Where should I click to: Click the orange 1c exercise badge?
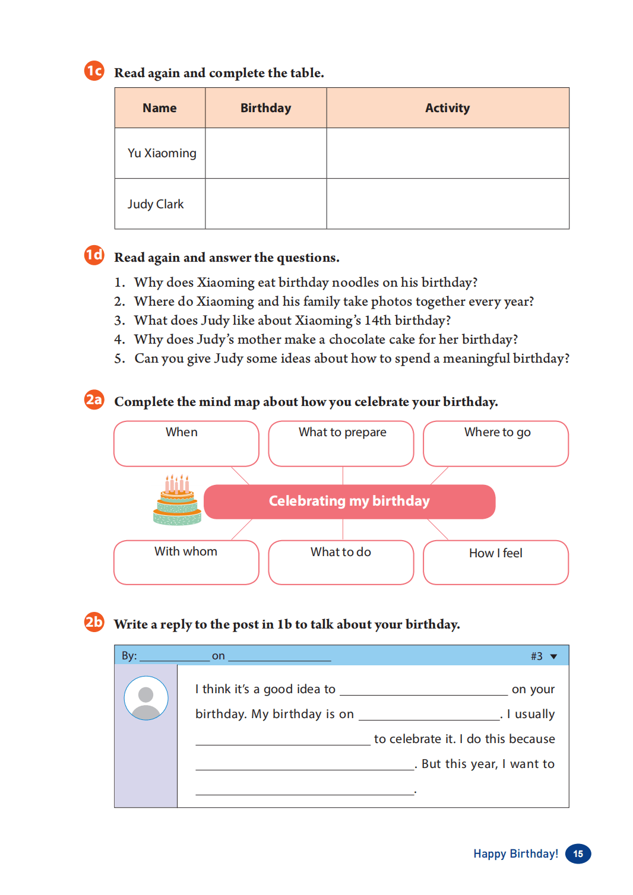(x=94, y=71)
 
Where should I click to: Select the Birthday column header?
(x=265, y=108)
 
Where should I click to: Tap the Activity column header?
(x=447, y=108)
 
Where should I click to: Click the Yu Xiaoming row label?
(x=162, y=153)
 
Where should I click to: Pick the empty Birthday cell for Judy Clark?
(x=265, y=204)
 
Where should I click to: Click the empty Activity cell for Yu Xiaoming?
(x=447, y=153)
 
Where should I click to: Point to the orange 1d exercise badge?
(x=94, y=255)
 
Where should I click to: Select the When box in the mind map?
(x=186, y=443)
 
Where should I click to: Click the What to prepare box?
(x=341, y=443)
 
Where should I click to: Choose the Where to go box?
(x=495, y=443)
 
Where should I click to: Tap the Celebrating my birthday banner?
(x=349, y=502)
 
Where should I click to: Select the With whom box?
(x=186, y=562)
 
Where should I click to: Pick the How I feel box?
(x=495, y=562)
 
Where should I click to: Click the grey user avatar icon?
(x=146, y=698)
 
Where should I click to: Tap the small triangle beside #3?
(x=554, y=656)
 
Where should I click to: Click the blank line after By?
(x=174, y=656)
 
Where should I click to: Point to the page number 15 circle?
(x=578, y=853)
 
